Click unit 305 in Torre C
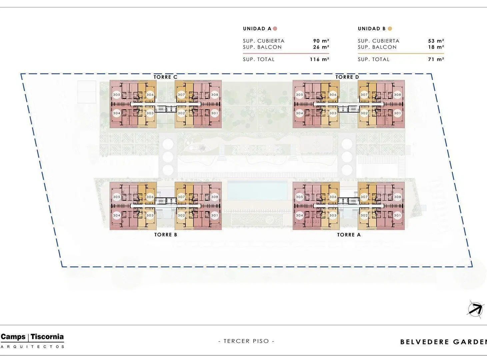click(117, 95)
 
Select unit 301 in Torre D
click(397, 113)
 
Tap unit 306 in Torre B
click(150, 197)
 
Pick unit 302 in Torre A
click(364, 215)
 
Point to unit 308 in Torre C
click(215, 95)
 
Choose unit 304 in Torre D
click(299, 113)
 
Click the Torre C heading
click(165, 77)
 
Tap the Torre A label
click(349, 235)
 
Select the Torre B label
click(166, 235)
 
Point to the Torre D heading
click(347, 77)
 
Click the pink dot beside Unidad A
click(275, 29)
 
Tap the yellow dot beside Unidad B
click(390, 29)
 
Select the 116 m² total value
click(319, 59)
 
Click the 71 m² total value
click(436, 59)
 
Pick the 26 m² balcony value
click(321, 47)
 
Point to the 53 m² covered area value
click(436, 41)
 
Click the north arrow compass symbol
click(476, 309)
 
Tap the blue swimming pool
click(257, 190)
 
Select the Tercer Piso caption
click(246, 341)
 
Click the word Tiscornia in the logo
click(47, 337)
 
